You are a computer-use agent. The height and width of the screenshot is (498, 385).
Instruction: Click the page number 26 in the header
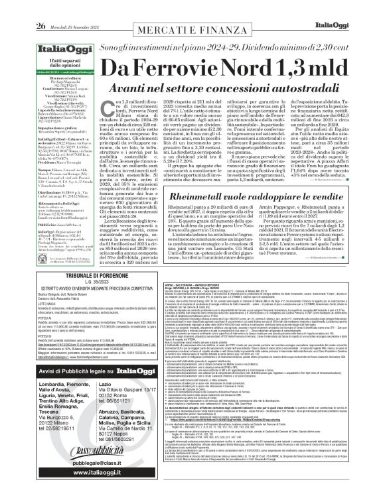(39, 8)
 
